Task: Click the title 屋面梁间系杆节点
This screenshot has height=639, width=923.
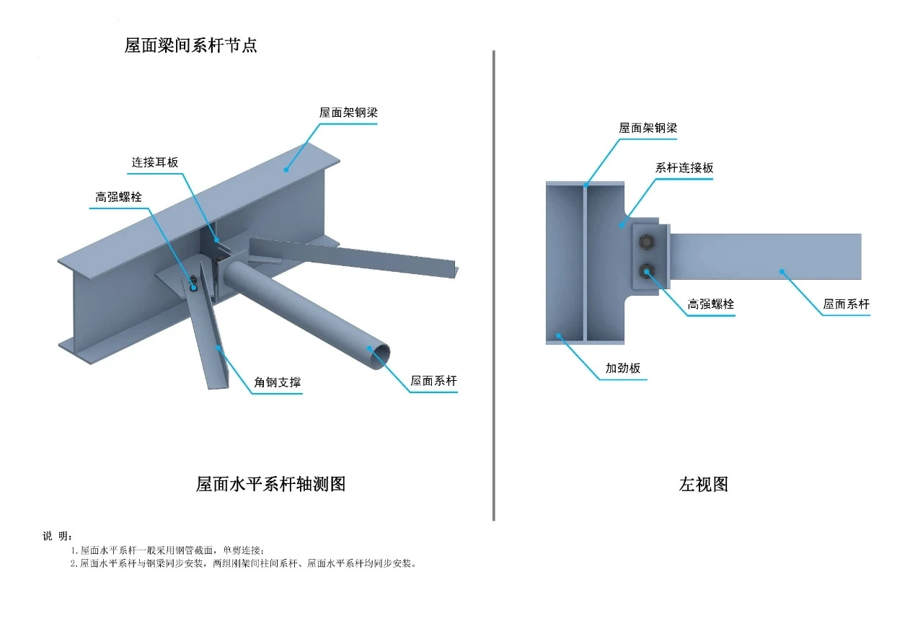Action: [191, 45]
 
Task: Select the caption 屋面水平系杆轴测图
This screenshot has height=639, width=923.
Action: [270, 484]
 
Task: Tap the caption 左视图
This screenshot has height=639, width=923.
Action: [703, 484]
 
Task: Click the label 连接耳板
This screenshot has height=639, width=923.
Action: [154, 162]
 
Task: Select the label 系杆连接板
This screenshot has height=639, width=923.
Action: [684, 168]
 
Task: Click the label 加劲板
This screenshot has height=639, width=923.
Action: [623, 369]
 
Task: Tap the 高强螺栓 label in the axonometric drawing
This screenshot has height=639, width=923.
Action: [119, 197]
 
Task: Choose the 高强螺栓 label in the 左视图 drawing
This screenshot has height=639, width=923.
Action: [711, 304]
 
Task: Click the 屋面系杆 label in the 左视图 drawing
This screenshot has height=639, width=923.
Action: [847, 304]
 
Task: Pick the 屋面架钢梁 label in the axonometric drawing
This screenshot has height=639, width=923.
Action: [349, 113]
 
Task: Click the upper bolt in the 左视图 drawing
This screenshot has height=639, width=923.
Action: [646, 242]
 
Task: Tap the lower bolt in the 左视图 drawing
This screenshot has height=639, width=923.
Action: [646, 271]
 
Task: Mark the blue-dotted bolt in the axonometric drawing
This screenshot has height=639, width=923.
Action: [193, 286]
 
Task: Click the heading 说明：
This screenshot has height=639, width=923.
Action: [58, 536]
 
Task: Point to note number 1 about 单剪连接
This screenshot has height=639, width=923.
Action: [173, 550]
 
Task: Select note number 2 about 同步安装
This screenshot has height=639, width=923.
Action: [245, 563]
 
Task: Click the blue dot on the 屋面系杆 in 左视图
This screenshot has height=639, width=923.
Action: [782, 272]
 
